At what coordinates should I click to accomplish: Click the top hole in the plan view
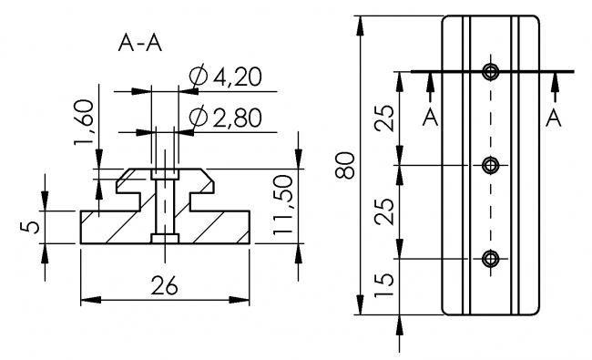[x=492, y=72]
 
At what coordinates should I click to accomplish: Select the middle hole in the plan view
[x=492, y=165]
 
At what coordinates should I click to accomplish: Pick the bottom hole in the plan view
[x=492, y=259]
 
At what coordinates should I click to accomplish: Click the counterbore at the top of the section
[x=165, y=173]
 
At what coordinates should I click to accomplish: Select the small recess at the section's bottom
[x=165, y=239]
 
